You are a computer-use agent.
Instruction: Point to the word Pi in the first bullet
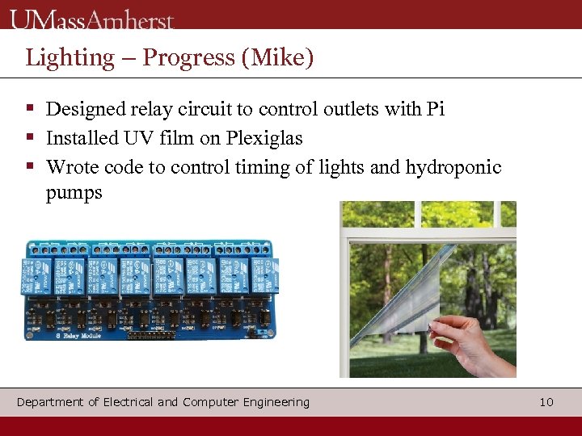(435, 109)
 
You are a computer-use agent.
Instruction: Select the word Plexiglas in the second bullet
(264, 138)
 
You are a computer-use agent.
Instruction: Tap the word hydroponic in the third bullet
(453, 167)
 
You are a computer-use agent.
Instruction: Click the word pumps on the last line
(74, 193)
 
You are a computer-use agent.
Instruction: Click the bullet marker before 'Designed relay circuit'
(30, 108)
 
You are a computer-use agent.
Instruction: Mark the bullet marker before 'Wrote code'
(30, 166)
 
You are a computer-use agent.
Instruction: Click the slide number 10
(546, 402)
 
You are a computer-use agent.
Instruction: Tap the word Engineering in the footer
(272, 402)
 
